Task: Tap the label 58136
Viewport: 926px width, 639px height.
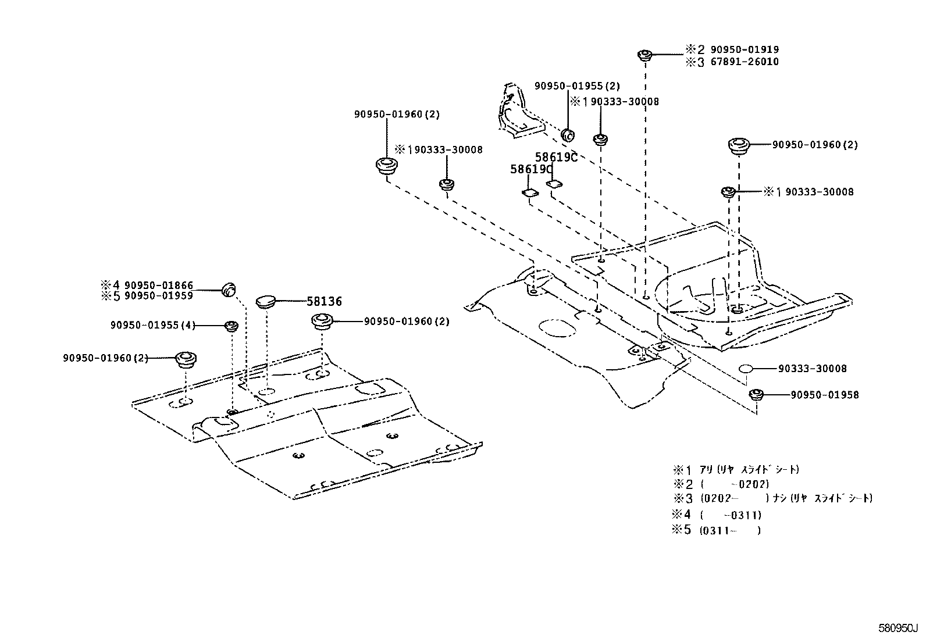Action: (324, 301)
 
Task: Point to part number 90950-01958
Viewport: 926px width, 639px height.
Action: (824, 395)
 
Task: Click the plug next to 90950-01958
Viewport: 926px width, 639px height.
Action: (756, 395)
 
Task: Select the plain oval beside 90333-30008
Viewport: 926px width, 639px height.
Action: (747, 369)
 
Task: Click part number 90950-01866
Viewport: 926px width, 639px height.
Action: (158, 285)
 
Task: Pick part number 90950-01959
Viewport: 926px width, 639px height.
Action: (158, 295)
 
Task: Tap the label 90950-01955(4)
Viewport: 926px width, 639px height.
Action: (153, 326)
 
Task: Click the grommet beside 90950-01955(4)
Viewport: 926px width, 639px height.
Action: (231, 326)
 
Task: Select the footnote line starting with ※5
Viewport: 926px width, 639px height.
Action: (717, 530)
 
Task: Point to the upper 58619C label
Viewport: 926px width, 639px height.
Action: (555, 157)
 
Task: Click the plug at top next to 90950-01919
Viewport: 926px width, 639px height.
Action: (644, 55)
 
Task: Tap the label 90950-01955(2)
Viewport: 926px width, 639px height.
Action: (577, 86)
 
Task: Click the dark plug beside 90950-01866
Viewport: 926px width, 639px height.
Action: (230, 287)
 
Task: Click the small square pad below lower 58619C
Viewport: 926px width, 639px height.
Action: (529, 193)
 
